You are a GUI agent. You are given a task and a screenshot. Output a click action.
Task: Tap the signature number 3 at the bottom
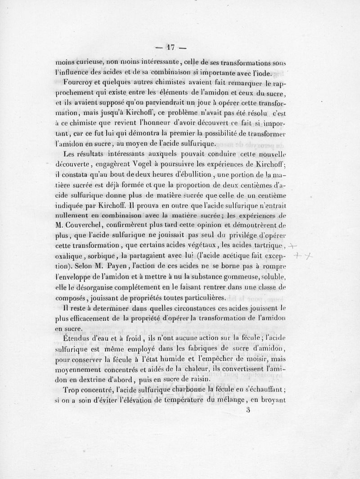[x=248, y=411]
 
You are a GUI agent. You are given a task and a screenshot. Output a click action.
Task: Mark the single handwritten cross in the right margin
[x=293, y=246]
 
